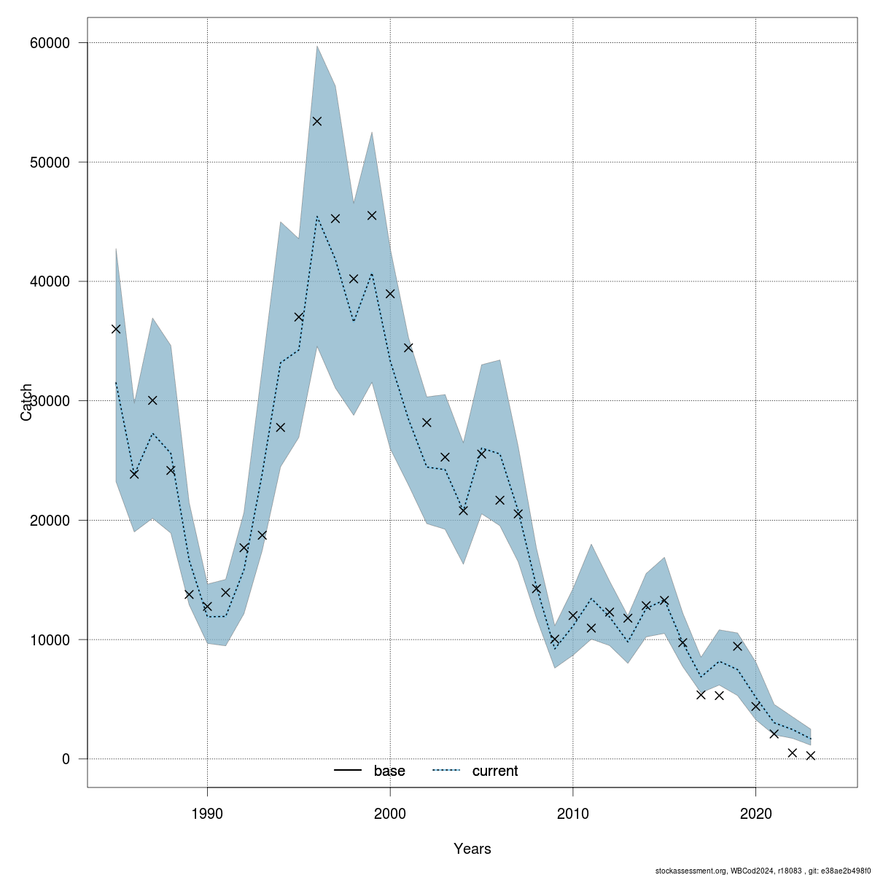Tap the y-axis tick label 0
coord(66,759)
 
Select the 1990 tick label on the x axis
coord(208,812)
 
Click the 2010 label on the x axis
coord(573,812)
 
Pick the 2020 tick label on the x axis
coord(755,812)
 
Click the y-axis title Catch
coord(26,402)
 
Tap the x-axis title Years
coord(472,849)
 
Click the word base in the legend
coord(389,771)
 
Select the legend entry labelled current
coord(495,771)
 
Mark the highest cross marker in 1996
coord(317,121)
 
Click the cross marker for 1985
coord(116,329)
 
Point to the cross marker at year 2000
coord(390,294)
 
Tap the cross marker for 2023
coord(810,755)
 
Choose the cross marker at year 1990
coord(207,607)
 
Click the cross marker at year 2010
coord(573,615)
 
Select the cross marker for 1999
coord(372,215)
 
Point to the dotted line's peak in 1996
coord(317,216)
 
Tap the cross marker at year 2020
coord(756,706)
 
